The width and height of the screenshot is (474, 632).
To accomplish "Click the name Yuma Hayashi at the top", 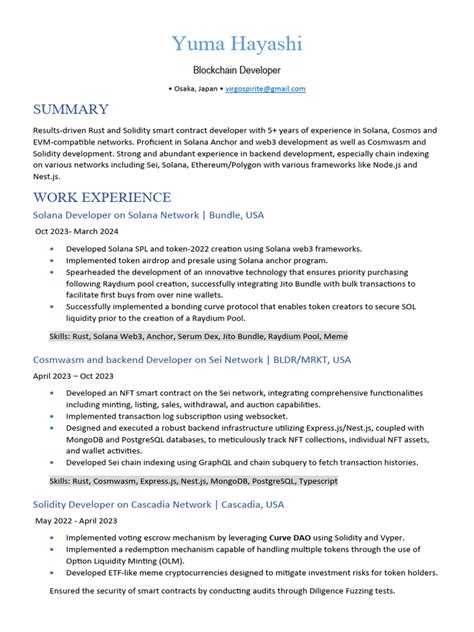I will [x=236, y=44].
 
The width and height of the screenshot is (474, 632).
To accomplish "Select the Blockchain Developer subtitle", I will [x=236, y=72].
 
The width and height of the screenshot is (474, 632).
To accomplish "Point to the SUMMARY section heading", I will [x=69, y=109].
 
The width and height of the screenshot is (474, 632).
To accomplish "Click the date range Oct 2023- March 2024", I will [x=89, y=231].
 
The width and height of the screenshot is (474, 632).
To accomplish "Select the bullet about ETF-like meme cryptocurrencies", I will [x=250, y=573].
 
